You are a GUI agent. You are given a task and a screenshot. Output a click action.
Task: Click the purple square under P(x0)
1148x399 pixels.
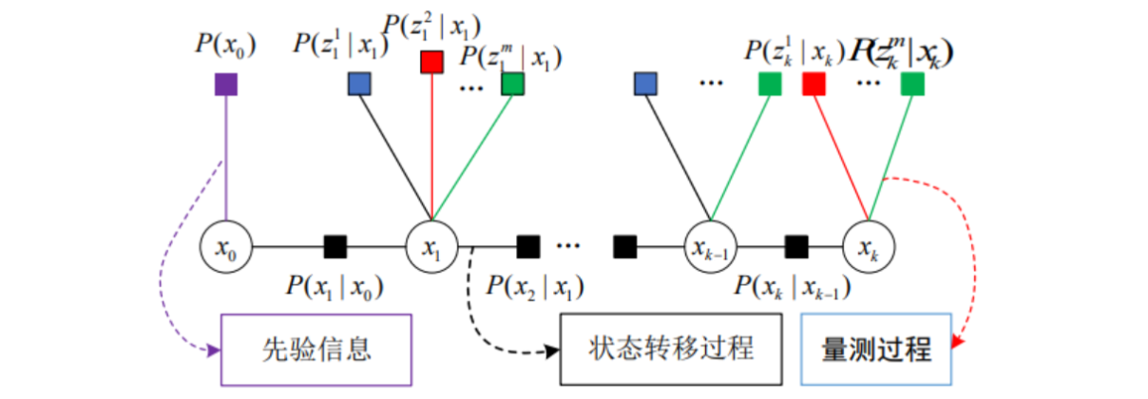(x=225, y=85)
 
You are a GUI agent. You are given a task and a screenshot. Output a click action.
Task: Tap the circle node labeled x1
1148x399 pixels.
(x=431, y=248)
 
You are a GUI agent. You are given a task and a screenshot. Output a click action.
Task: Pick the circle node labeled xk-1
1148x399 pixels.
(x=710, y=248)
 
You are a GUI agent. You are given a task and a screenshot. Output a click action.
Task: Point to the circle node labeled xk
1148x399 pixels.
(x=868, y=248)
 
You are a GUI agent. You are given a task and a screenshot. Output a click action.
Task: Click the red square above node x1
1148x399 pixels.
(x=432, y=63)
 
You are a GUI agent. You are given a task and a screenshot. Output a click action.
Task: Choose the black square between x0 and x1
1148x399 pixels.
(x=335, y=248)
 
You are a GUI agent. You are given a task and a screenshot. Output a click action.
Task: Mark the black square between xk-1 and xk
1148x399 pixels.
(x=796, y=248)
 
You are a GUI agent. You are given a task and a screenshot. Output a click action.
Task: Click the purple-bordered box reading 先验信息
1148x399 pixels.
(x=316, y=349)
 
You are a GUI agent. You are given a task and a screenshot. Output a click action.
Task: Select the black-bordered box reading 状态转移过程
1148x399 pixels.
(x=672, y=349)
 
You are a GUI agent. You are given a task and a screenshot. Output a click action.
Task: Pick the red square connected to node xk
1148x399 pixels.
(x=813, y=85)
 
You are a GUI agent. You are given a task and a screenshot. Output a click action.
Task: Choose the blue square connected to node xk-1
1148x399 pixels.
(x=646, y=85)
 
